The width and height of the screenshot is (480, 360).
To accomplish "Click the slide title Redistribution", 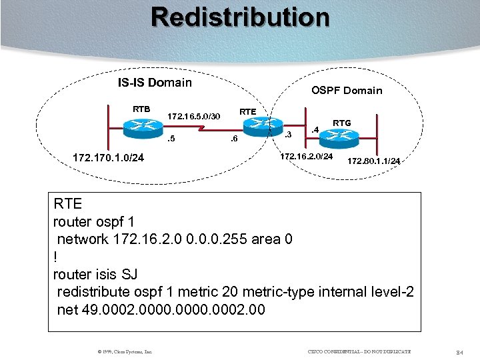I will tap(240, 17).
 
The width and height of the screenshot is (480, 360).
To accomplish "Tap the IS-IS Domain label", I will tap(155, 83).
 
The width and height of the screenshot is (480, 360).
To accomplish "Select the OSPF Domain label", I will tap(347, 90).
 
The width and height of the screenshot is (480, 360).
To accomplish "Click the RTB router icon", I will tap(141, 127).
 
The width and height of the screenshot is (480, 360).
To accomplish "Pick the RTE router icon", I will tap(257, 125).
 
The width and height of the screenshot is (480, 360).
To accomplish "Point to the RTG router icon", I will tap(339, 136).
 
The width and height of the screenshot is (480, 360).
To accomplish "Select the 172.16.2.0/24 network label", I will tap(307, 156).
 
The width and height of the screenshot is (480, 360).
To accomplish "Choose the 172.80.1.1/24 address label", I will tap(373, 161).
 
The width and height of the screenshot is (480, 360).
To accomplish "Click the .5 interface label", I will tap(171, 139).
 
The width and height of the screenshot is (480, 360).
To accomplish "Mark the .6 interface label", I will tap(233, 139).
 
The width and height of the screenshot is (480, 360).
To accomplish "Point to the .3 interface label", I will tap(287, 135).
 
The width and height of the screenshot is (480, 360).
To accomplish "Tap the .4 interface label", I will tap(316, 129).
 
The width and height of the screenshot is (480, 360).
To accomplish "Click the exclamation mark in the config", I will tap(55, 257).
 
